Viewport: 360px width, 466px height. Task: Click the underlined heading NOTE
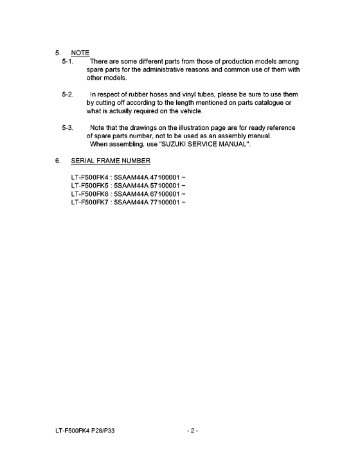pos(81,53)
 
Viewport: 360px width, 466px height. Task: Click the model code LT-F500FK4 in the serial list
pos(91,177)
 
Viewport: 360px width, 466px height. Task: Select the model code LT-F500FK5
pos(91,185)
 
